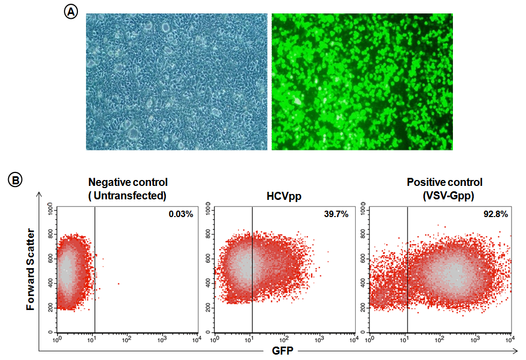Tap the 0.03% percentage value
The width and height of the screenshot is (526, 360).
point(181,214)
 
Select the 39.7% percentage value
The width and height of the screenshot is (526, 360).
point(337,214)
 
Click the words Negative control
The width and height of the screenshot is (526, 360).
point(127,183)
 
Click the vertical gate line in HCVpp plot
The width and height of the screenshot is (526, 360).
point(252,269)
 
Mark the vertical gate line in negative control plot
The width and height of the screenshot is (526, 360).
point(95,269)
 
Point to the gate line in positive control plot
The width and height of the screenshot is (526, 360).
point(407,269)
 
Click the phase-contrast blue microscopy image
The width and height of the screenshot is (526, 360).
point(177,82)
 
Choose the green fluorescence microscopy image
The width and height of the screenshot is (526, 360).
point(362,82)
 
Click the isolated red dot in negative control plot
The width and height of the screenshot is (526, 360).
point(118,284)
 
